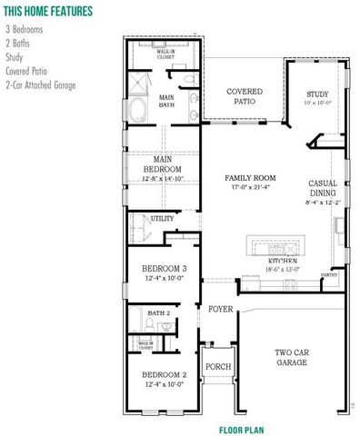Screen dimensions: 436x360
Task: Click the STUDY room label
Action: [x=317, y=94]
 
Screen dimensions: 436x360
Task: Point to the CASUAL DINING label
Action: [x=323, y=188]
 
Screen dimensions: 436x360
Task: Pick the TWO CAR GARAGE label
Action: [x=292, y=357]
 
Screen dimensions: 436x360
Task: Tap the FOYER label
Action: [x=220, y=310]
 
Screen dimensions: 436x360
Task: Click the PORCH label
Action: [x=218, y=367]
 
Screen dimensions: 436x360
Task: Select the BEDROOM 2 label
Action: [x=164, y=375]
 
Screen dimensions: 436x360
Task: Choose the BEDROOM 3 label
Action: [x=165, y=269]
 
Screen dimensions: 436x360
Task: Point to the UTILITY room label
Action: [x=163, y=219]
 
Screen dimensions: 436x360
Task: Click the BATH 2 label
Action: [x=160, y=313]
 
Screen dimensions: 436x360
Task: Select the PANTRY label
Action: [x=330, y=274]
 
